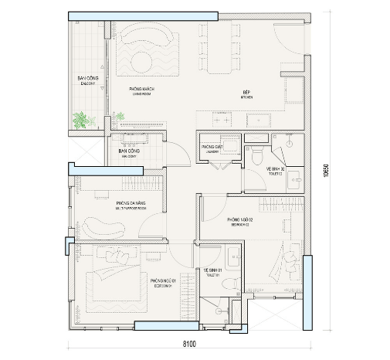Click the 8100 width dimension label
pos(190,344)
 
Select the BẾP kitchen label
pos(246,93)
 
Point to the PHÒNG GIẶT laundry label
pos(212,148)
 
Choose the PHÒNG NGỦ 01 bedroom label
pos(164,280)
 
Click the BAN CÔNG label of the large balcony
pos(86,80)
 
